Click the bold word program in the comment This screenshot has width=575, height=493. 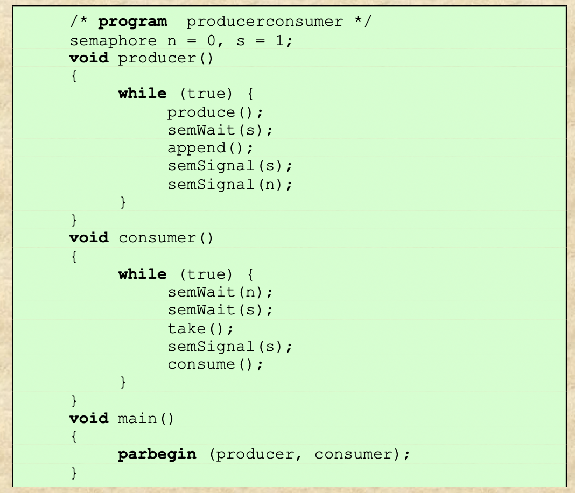[132, 22]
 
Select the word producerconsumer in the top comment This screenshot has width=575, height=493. [264, 22]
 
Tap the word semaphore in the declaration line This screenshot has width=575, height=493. [113, 40]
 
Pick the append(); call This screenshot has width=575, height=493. [210, 148]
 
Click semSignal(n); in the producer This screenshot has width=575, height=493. [230, 185]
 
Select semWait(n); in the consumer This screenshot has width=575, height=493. [220, 292]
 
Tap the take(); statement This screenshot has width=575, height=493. [200, 328]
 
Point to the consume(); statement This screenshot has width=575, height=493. [215, 364]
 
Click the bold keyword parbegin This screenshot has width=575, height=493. [157, 454]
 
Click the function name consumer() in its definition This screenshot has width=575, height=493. [166, 238]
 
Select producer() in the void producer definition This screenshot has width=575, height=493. [166, 58]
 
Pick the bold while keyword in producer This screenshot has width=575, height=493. [143, 94]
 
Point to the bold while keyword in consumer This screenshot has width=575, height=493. [143, 274]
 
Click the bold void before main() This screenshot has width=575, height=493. [89, 418]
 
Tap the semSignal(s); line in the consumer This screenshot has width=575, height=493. [230, 346]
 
